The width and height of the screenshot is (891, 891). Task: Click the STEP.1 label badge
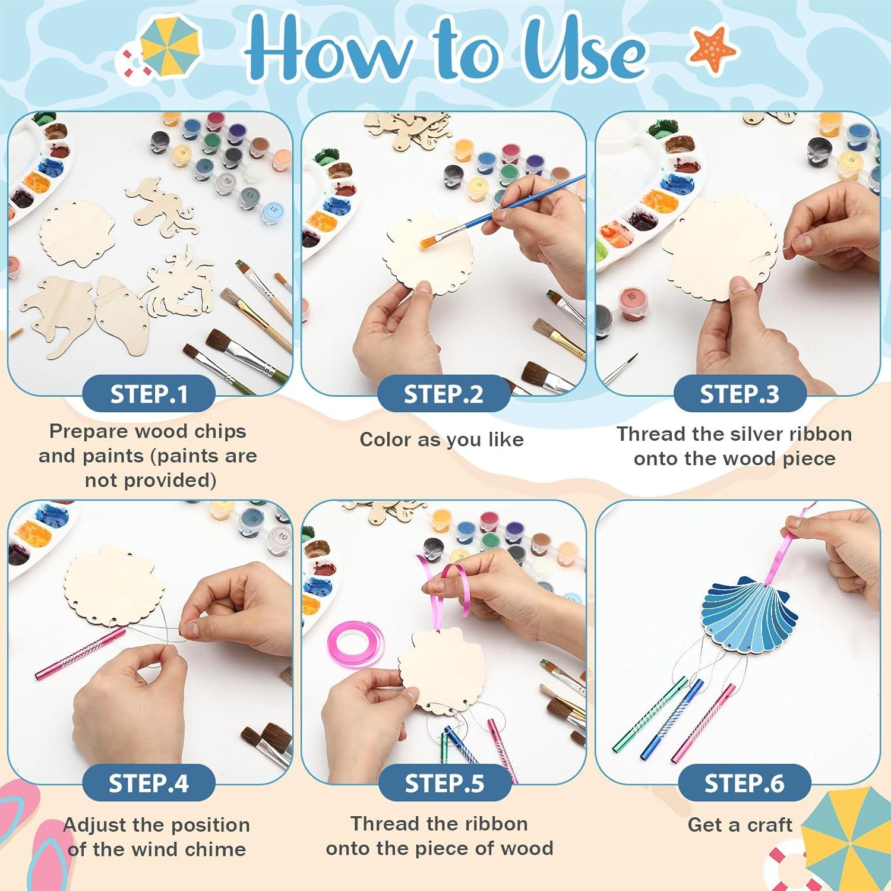(x=148, y=394)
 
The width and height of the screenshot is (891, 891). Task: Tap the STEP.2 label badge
(x=444, y=394)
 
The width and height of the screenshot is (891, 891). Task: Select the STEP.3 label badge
(x=739, y=394)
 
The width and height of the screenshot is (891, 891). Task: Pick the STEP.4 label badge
(x=148, y=783)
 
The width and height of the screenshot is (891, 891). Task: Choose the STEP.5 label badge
(x=444, y=783)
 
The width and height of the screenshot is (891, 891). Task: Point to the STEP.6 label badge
(x=744, y=783)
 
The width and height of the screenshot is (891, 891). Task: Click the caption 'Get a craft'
(x=740, y=824)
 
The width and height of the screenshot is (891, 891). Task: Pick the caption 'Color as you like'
(x=441, y=440)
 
